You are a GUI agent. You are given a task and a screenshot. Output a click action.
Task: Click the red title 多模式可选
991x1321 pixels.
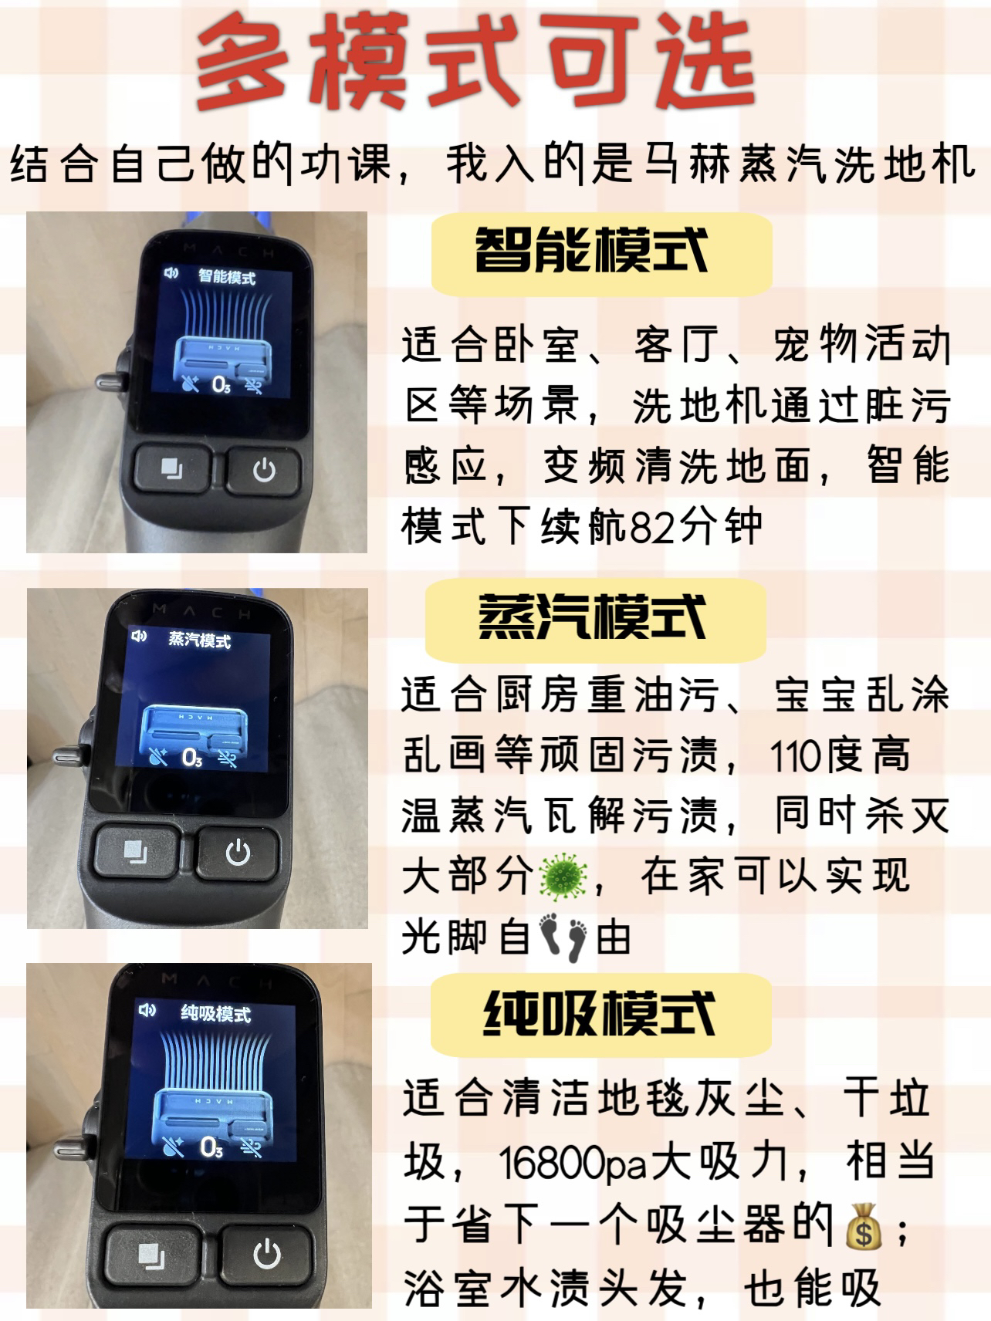click(475, 65)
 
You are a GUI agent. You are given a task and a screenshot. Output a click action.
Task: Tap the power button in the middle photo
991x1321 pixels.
click(237, 853)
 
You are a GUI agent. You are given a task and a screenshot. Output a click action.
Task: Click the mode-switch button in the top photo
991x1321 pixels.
click(171, 468)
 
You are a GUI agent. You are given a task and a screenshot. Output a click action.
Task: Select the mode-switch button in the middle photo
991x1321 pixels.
click(136, 853)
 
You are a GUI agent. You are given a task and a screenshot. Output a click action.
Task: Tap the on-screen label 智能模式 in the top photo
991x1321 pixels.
click(227, 276)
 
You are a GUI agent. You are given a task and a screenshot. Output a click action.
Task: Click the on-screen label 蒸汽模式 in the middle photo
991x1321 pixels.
click(199, 640)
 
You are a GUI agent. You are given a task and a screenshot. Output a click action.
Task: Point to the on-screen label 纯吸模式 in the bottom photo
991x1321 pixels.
click(216, 1014)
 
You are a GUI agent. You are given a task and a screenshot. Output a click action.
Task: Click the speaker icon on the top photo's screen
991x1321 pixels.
click(171, 272)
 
